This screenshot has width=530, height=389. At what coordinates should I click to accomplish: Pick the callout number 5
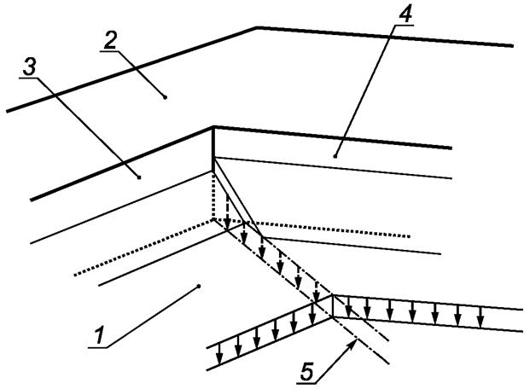[309, 369]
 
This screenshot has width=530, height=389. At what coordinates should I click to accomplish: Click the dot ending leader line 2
[165, 97]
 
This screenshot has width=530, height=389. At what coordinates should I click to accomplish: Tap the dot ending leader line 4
[336, 155]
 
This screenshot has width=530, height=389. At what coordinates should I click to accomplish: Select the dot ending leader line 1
[199, 287]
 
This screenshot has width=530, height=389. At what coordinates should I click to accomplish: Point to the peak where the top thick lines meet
[257, 27]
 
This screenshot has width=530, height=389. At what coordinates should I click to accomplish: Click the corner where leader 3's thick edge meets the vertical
[213, 128]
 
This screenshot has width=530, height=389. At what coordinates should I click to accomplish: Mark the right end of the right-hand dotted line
[411, 235]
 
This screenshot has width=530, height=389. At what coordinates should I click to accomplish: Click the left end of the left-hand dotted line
[74, 276]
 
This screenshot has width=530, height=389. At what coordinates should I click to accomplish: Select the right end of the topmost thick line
[513, 45]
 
